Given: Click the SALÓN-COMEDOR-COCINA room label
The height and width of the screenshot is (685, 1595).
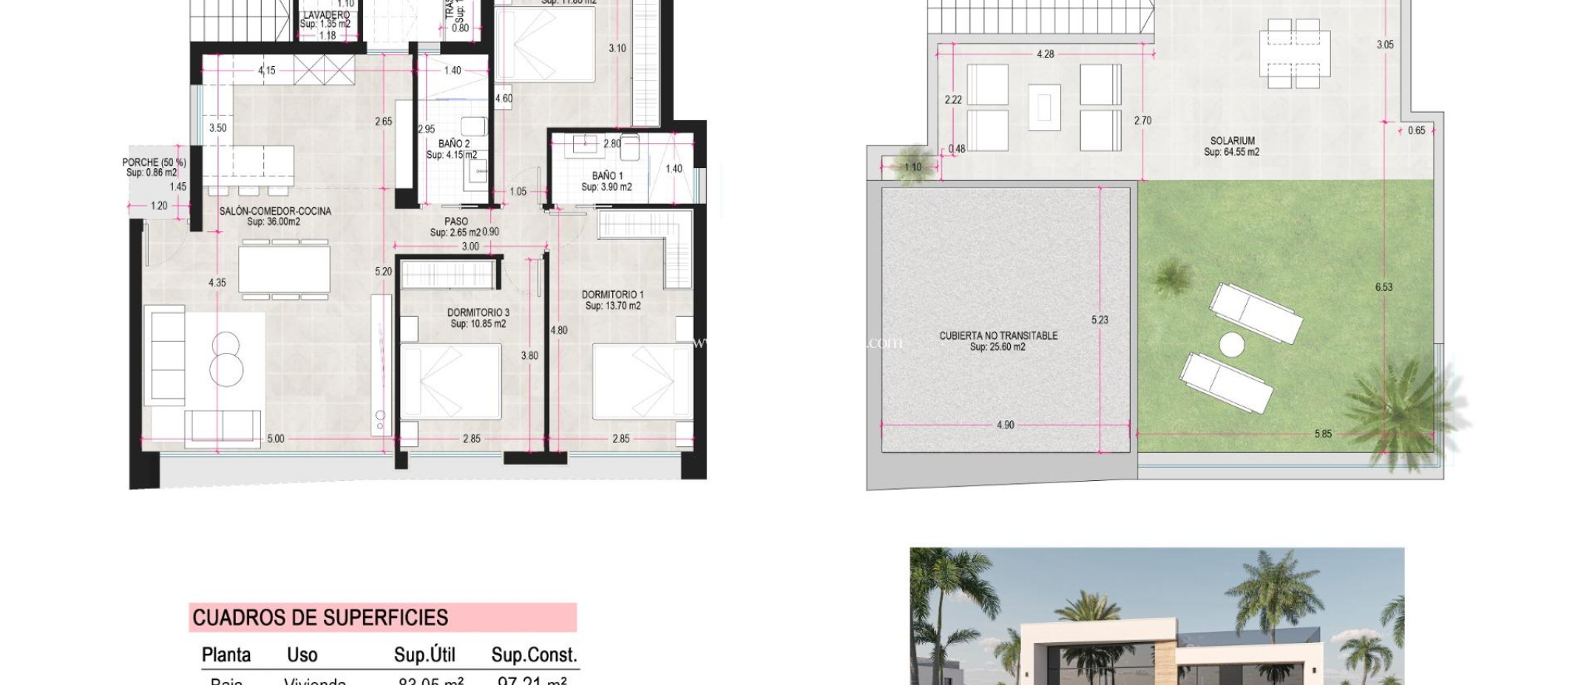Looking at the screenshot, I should coord(275,212).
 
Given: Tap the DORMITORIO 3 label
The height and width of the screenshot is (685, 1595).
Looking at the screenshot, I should coord(478,313).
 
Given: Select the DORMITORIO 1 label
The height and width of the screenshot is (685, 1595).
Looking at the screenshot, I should coord(613,295).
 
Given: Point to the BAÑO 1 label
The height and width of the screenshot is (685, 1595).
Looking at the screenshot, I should coord(607,176).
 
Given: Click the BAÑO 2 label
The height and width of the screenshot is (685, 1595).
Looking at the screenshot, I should coord(453,144).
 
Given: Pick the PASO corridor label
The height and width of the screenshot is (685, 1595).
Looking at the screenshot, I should coord(456,222).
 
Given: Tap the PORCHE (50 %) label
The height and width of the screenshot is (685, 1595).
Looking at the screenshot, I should coord(154,163).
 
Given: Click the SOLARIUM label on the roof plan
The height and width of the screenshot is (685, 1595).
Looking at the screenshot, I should coord(1232,141).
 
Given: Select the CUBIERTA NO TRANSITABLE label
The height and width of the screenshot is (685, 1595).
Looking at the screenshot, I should coord(998,336).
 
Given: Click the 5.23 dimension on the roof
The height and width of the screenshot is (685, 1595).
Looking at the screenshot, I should coord(1099,320).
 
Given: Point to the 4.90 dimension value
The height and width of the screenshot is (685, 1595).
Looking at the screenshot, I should coord(1005,425).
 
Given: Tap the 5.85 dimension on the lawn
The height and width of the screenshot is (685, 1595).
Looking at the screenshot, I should coord(1322,434).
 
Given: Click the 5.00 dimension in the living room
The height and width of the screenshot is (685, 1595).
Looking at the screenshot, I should coord(276,439).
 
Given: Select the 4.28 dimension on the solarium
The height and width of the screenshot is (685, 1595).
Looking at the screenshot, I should coord(1045,54).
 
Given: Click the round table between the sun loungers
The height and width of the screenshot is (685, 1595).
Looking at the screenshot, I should coord(1231,344).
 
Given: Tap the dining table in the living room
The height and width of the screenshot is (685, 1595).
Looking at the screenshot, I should coord(284,269).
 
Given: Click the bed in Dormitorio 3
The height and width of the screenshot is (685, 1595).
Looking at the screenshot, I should coord(450,381).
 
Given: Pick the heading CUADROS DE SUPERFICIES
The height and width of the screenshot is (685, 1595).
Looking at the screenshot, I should coord(320,618).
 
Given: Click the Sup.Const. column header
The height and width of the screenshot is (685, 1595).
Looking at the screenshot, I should coord(533,655).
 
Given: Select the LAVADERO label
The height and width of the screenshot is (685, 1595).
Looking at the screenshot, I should coord(326,15).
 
